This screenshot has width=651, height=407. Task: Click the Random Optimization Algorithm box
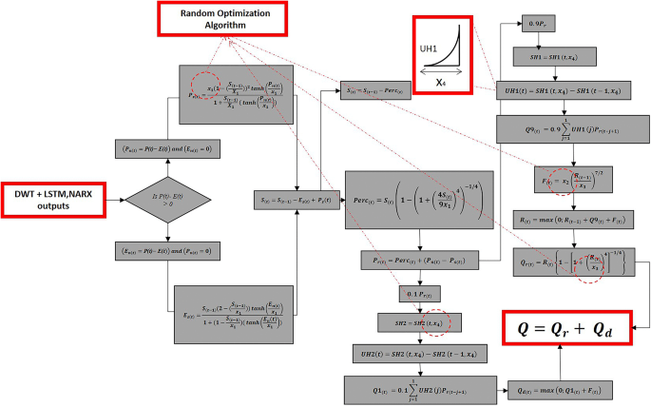208,20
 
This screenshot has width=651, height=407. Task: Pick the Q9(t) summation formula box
554,127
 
